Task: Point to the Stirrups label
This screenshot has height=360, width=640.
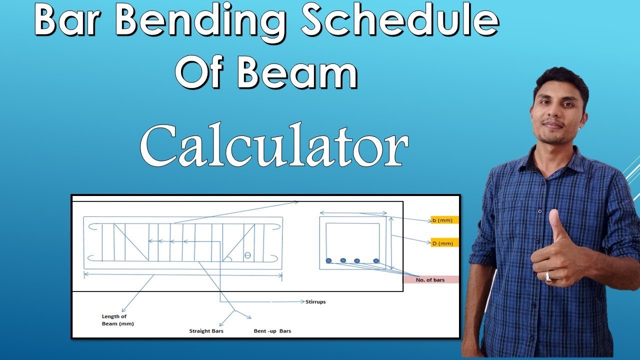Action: coord(315,302)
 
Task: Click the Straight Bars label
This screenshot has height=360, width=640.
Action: coord(206,331)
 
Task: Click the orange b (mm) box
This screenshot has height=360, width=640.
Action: coord(444,220)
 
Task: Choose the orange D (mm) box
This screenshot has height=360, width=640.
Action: coord(444,243)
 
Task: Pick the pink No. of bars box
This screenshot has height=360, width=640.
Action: coord(430,280)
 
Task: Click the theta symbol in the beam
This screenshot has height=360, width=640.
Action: coord(247,255)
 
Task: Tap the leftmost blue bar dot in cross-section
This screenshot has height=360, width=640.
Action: coord(328,260)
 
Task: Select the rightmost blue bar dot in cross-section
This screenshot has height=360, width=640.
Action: coord(376,260)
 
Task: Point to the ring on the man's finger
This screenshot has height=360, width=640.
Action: coord(548,275)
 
